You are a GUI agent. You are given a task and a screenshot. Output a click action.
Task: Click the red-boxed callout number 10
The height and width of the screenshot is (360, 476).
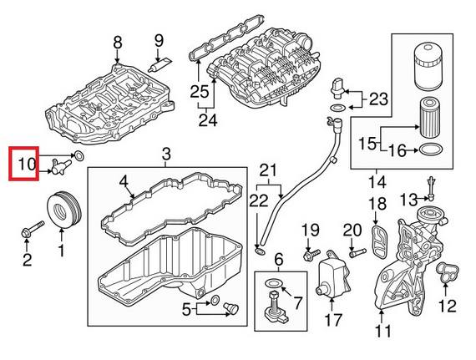pyautogui.click(x=25, y=164)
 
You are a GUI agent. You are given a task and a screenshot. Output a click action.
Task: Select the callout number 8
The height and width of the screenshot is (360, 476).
pyautogui.click(x=117, y=42)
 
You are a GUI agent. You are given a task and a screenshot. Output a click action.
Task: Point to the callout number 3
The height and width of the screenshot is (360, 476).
pyautogui.click(x=165, y=155)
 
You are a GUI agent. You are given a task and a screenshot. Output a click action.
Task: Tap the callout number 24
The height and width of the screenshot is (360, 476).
pyautogui.click(x=207, y=121)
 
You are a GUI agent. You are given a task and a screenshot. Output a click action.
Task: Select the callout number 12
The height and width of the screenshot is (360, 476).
pyautogui.click(x=447, y=305)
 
